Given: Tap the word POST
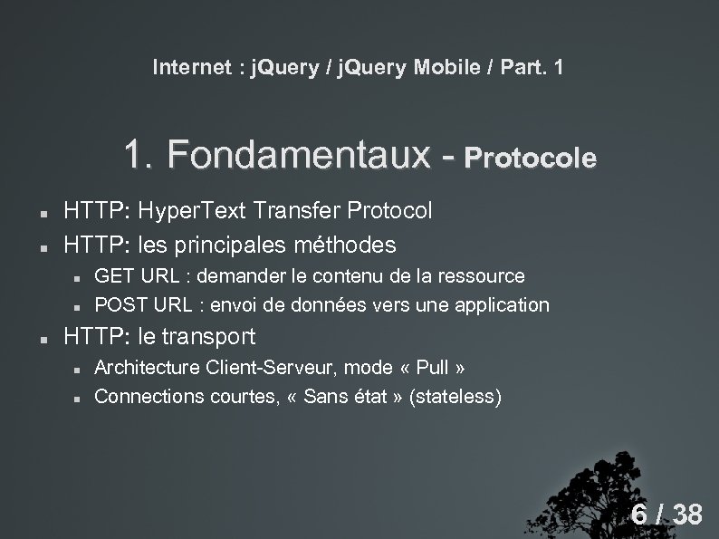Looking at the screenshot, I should (118, 304).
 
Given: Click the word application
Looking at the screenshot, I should (501, 304).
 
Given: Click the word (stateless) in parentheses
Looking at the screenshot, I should (455, 397).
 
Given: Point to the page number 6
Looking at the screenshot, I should (639, 515).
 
